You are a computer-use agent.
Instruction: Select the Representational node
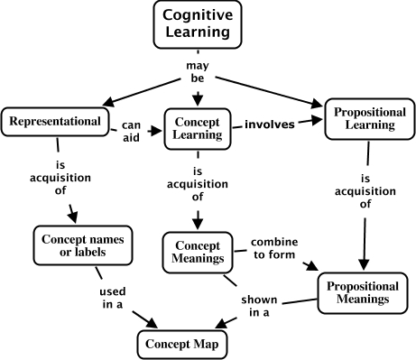tap(53, 121)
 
